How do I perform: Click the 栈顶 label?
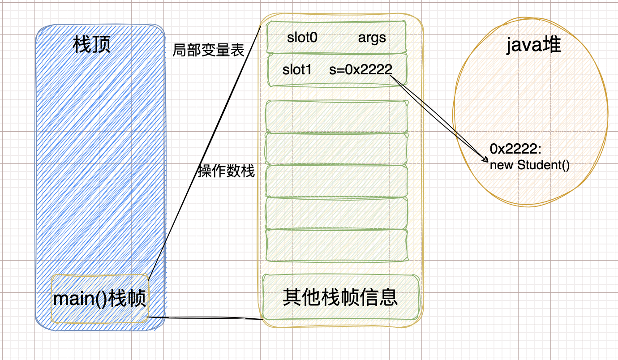pyautogui.click(x=92, y=45)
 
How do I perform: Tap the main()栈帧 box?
pyautogui.click(x=99, y=298)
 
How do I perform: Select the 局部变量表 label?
pyautogui.click(x=208, y=51)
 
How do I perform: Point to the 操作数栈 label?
pyautogui.click(x=226, y=171)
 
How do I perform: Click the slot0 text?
pyautogui.click(x=302, y=38)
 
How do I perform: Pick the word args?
pyautogui.click(x=372, y=38)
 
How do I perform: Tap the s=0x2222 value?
pyautogui.click(x=361, y=69)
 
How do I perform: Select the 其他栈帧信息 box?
pyautogui.click(x=340, y=297)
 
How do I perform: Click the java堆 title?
pyautogui.click(x=533, y=45)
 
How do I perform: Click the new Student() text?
pyautogui.click(x=530, y=165)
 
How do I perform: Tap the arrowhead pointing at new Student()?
pyautogui.click(x=485, y=159)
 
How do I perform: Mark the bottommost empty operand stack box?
pyautogui.click(x=337, y=245)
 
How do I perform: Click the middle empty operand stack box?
pyautogui.click(x=337, y=180)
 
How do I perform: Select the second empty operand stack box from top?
pyautogui.click(x=337, y=148)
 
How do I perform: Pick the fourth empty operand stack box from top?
pyautogui.click(x=337, y=213)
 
